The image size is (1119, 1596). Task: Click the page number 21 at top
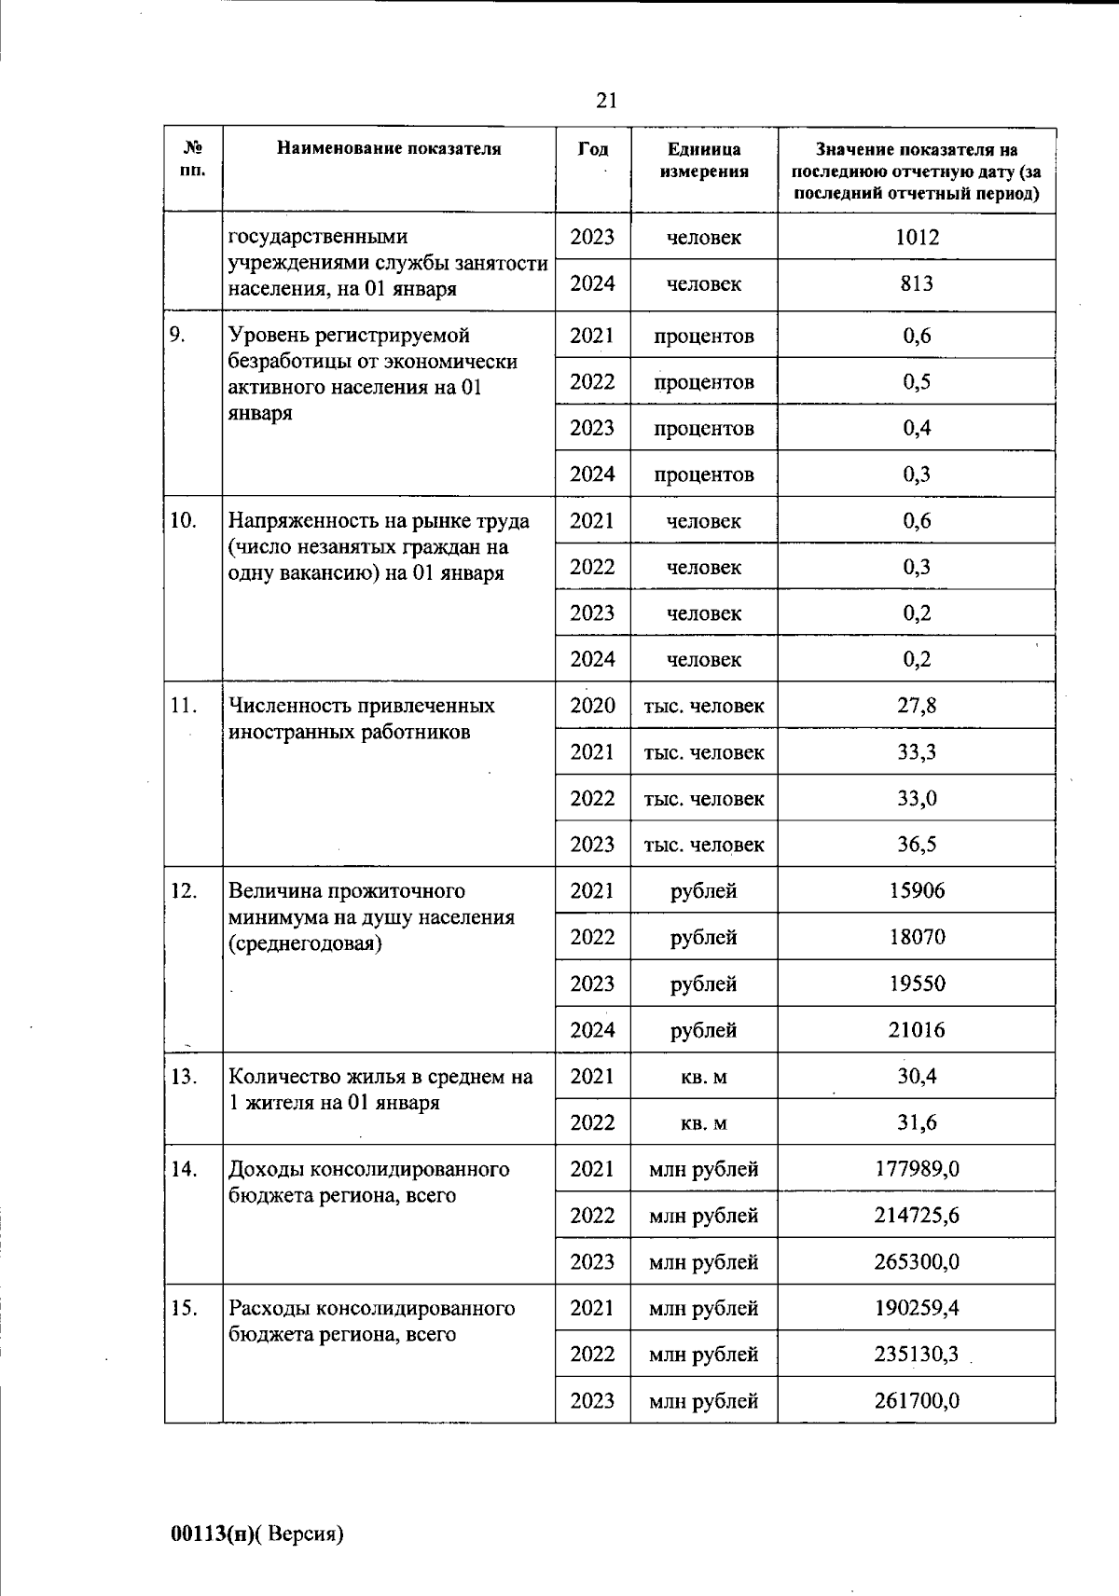606,100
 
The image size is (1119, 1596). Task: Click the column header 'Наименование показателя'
389,149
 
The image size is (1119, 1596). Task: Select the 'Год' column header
593,149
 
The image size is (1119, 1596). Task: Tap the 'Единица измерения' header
704,160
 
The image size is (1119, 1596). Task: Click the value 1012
917,237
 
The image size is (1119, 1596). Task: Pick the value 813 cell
917,283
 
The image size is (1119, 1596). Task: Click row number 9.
177,336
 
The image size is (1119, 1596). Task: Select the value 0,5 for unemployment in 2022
917,381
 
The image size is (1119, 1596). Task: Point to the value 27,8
917,706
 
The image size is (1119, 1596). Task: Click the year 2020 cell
593,706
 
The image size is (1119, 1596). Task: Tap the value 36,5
917,845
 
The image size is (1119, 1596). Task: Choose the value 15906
917,890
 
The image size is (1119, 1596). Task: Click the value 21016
917,1029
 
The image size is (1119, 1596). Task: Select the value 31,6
917,1122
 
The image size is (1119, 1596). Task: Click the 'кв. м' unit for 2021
704,1077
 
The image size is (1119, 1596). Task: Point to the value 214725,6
917,1215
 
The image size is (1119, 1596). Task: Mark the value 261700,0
917,1400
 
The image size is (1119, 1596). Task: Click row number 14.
184,1169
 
